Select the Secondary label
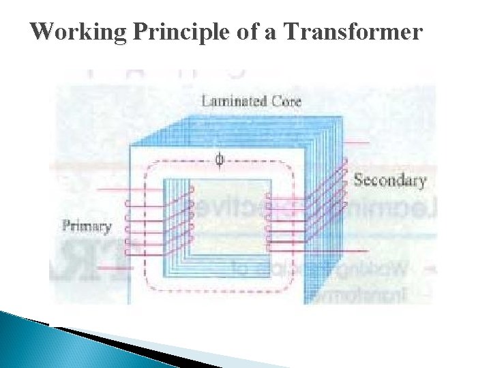[x=389, y=181]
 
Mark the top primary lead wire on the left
[x=109, y=189]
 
